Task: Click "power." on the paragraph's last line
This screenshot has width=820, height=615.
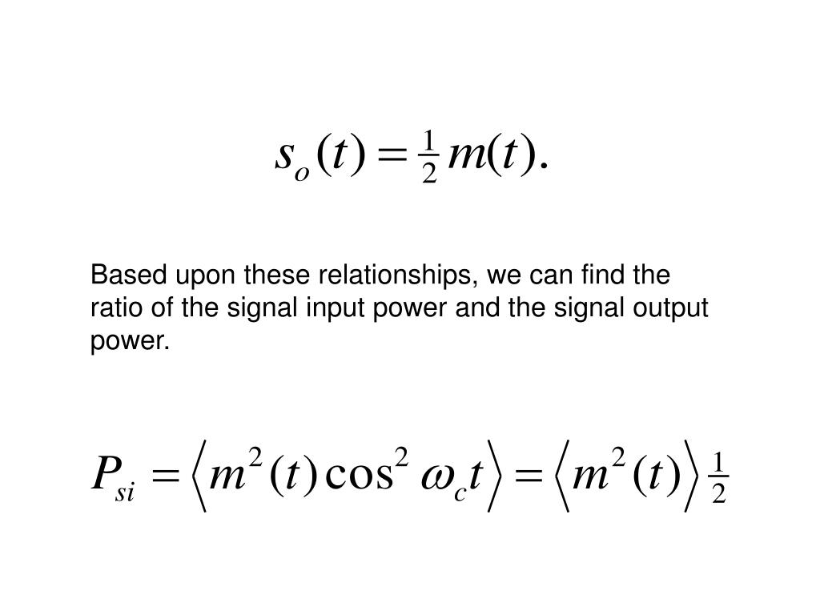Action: point(131,342)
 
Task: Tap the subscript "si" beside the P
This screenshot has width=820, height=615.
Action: point(125,490)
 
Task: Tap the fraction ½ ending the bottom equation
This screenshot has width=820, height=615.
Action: point(718,479)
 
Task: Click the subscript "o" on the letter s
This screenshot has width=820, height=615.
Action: point(302,172)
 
